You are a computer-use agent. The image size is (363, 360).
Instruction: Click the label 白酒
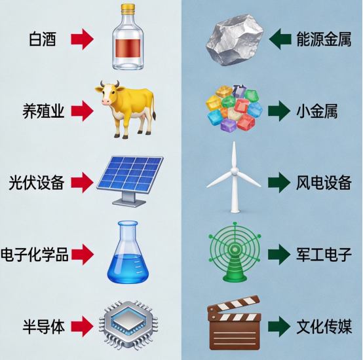coord(43,39)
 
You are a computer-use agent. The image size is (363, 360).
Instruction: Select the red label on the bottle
coord(128,48)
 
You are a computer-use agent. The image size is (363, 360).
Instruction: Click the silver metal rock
coord(235,40)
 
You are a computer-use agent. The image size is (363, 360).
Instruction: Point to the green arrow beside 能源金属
coord(280,39)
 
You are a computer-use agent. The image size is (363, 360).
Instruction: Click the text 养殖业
coord(43,111)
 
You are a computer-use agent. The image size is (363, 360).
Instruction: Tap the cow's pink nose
coord(106,101)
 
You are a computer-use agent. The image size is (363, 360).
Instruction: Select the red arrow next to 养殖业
coord(82,111)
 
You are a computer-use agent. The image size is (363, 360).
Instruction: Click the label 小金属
coord(316,111)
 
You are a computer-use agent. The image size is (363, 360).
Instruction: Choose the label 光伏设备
coord(37,183)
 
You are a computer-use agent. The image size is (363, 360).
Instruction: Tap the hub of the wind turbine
coord(235,171)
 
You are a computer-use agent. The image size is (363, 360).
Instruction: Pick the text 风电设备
coord(324,183)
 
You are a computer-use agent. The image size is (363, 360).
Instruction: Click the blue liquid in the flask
coord(127,268)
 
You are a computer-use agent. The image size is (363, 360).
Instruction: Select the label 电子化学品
coord(35,255)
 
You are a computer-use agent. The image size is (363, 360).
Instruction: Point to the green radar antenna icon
coord(235,252)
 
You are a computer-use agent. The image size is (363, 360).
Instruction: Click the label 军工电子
coord(324,255)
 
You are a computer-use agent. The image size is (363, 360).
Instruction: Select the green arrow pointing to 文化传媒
coord(279,327)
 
